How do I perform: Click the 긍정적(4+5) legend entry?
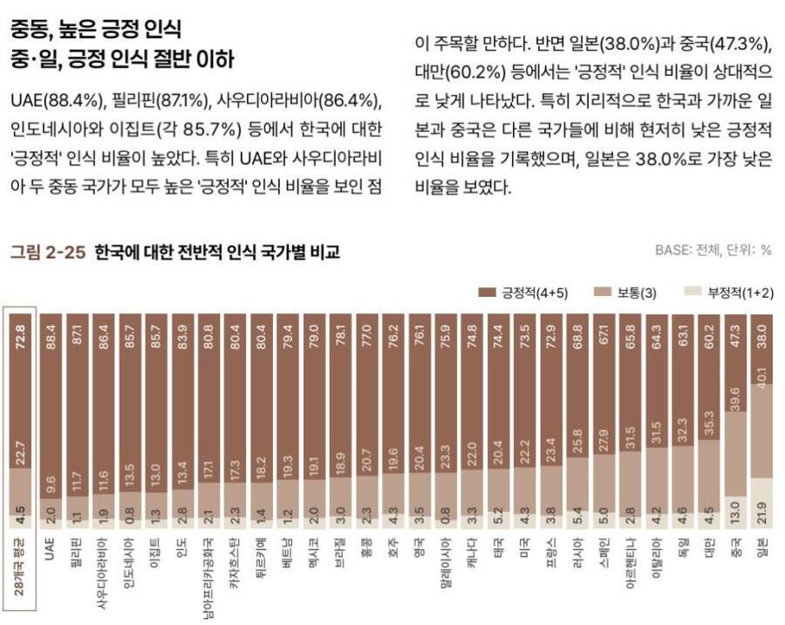pyautogui.click(x=522, y=292)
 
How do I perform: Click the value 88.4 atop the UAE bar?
pyautogui.click(x=51, y=335)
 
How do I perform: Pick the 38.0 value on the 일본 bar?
pyautogui.click(x=762, y=335)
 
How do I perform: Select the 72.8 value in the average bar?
pyautogui.click(x=19, y=335)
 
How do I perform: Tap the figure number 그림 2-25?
pyautogui.click(x=47, y=252)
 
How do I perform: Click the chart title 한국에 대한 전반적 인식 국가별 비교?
pyautogui.click(x=216, y=252)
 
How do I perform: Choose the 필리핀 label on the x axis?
pyautogui.click(x=77, y=550)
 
